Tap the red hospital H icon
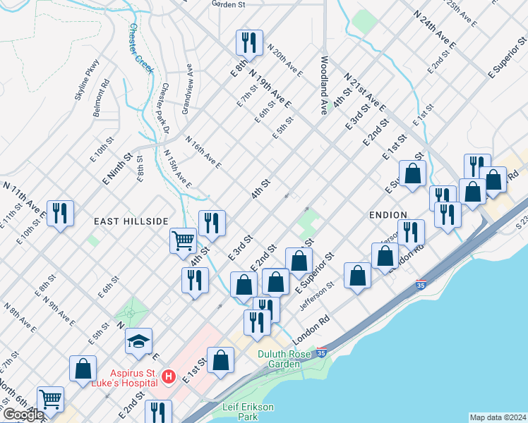168,377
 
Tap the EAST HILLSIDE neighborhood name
132,221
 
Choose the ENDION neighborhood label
387,214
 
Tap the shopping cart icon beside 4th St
184,240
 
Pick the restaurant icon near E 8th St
249,42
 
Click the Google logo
23,415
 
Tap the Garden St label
228,4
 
